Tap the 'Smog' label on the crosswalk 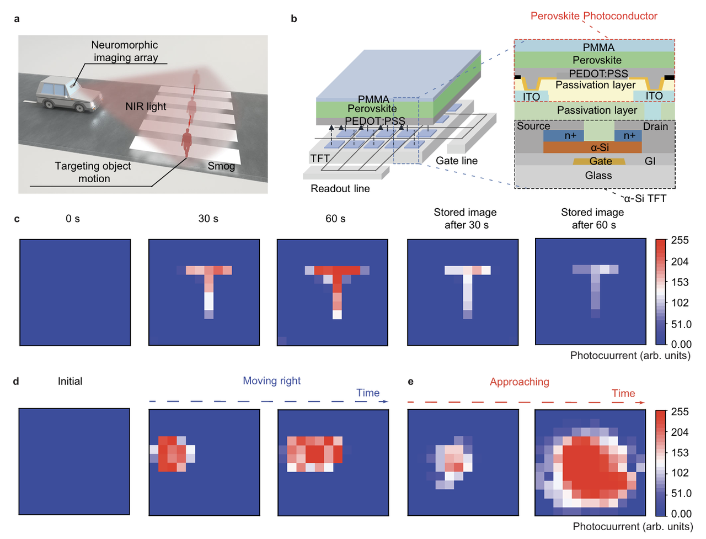coord(221,166)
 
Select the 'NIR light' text coord(146,106)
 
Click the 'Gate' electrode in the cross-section coord(600,161)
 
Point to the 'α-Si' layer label coord(600,147)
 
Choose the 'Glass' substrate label coord(598,175)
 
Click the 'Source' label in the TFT coord(533,126)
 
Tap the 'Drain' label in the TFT coord(655,126)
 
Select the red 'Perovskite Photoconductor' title coord(593,16)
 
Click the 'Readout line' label coord(340,188)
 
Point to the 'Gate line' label coord(456,160)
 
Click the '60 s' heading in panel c coord(335,219)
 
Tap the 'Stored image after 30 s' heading coord(466,218)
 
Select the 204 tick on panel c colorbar coord(680,261)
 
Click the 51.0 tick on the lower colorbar coord(681,493)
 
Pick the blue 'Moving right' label coord(271,381)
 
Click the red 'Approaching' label coord(519,382)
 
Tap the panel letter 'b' coord(293,19)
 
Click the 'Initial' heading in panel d coord(70,381)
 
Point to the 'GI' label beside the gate coord(650,161)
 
